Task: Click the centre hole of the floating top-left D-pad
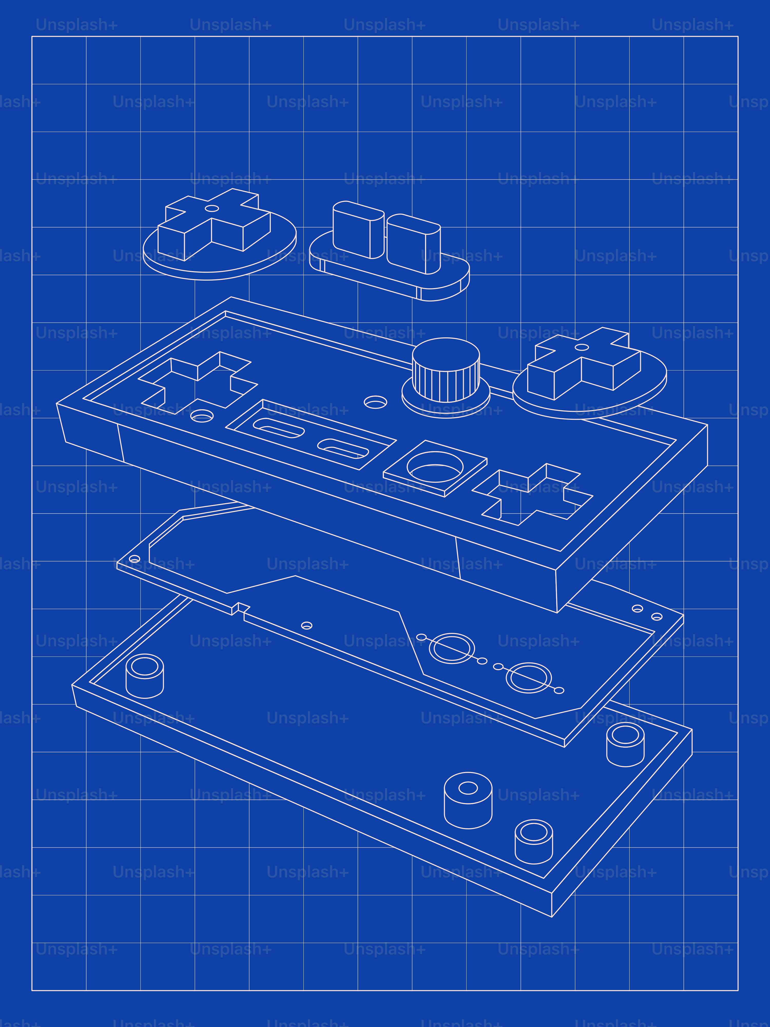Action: point(212,208)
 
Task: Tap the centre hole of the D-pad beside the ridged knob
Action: point(582,347)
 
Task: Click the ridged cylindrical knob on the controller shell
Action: point(446,372)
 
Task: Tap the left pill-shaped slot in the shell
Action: point(278,427)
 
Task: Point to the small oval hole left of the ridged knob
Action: point(376,402)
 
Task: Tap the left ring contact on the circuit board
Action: point(451,648)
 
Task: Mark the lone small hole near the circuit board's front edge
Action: point(307,625)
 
